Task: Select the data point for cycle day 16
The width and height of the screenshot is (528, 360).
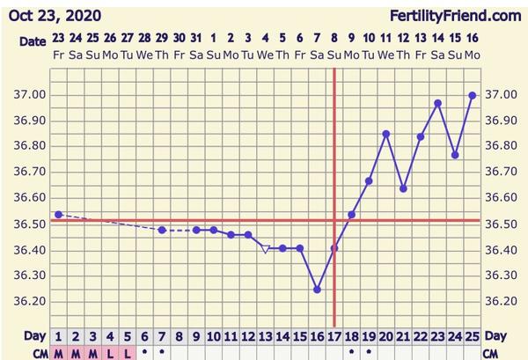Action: pyautogui.click(x=317, y=290)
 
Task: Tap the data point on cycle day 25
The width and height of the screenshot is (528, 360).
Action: pyautogui.click(x=473, y=95)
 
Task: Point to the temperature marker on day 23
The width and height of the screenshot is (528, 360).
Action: pyautogui.click(x=437, y=103)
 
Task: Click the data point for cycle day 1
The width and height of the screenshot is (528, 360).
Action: pyautogui.click(x=58, y=214)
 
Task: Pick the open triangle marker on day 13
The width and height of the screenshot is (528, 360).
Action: pyautogui.click(x=265, y=249)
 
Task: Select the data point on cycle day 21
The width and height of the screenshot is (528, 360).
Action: pyautogui.click(x=403, y=188)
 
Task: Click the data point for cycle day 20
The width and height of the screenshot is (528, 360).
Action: pyautogui.click(x=385, y=134)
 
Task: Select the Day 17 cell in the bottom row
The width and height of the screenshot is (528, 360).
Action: pyautogui.click(x=334, y=336)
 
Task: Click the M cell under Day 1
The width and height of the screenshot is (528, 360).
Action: pyautogui.click(x=58, y=352)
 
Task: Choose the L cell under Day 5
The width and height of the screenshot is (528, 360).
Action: pyautogui.click(x=127, y=352)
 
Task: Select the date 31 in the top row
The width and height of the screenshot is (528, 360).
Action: pyautogui.click(x=195, y=39)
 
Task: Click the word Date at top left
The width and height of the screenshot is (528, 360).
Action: pyautogui.click(x=32, y=41)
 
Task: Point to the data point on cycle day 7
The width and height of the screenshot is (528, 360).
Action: pyautogui.click(x=162, y=230)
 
